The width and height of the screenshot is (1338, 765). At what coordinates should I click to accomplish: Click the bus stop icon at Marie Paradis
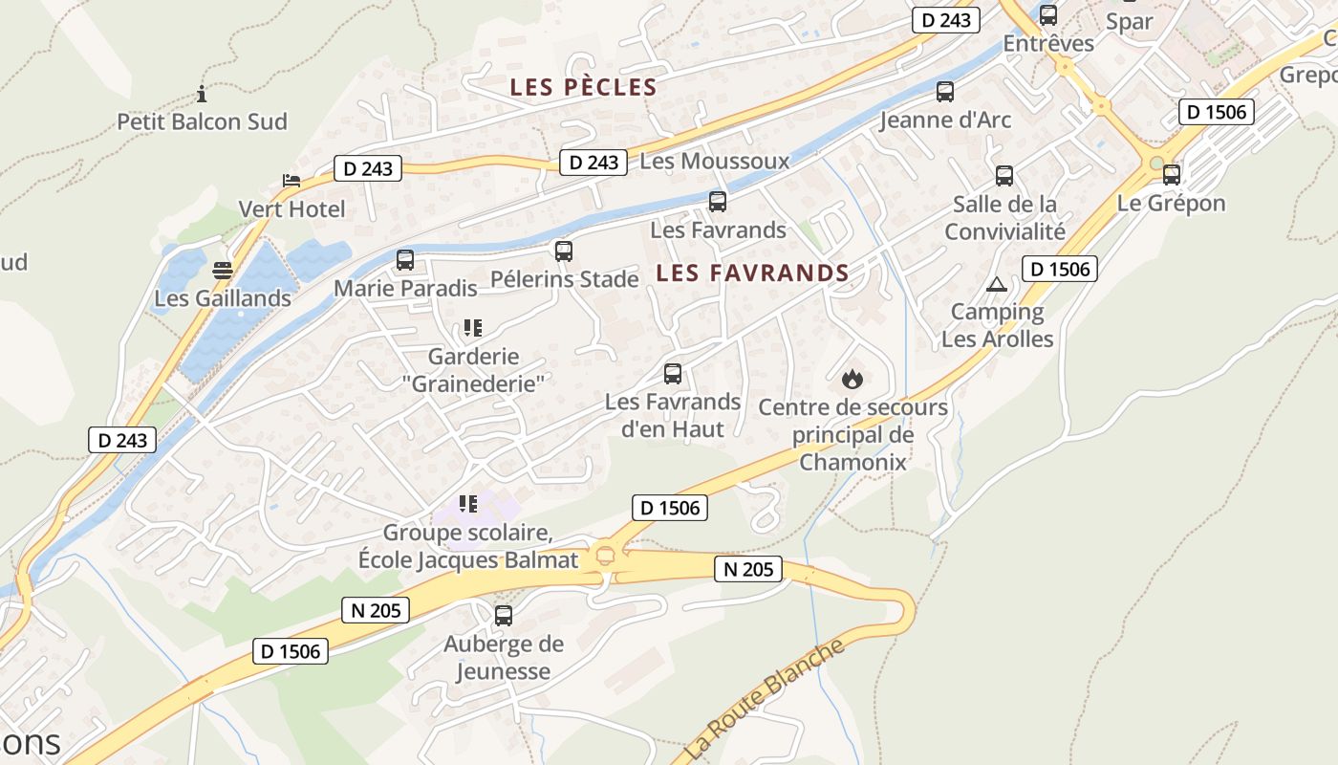(x=405, y=259)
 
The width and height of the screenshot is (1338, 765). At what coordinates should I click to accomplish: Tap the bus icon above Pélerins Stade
(x=564, y=251)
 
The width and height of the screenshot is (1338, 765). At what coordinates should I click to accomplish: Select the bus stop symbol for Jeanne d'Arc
(x=945, y=92)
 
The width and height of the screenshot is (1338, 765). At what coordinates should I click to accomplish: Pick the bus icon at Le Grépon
(x=1172, y=175)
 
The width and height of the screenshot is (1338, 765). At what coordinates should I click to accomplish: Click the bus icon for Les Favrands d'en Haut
(x=673, y=374)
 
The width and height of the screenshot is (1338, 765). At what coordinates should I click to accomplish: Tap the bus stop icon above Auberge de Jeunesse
(x=504, y=616)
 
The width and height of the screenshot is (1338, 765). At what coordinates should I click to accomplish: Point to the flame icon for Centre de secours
(x=852, y=380)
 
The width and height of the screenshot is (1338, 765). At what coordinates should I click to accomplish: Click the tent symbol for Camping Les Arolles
(x=997, y=284)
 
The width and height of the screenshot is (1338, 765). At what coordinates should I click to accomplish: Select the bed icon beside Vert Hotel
(x=291, y=181)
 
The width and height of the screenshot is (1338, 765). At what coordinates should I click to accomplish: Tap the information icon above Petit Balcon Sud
(x=202, y=94)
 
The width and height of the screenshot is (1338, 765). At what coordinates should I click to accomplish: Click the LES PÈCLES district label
(x=583, y=87)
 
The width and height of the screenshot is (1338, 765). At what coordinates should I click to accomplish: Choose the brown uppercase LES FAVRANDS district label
(x=752, y=273)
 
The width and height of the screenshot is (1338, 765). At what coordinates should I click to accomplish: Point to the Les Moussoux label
(x=715, y=161)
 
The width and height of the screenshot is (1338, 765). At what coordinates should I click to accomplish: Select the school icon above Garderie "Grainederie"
(x=472, y=328)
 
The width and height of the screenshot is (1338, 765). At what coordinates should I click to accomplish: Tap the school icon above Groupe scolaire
(x=468, y=503)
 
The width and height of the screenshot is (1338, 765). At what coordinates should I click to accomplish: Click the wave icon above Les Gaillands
(x=223, y=271)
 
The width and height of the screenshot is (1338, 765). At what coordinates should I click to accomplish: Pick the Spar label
(x=1129, y=21)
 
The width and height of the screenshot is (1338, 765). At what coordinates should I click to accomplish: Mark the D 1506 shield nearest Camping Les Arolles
(x=1059, y=269)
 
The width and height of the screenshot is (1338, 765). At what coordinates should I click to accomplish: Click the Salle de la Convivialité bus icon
(x=1004, y=176)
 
